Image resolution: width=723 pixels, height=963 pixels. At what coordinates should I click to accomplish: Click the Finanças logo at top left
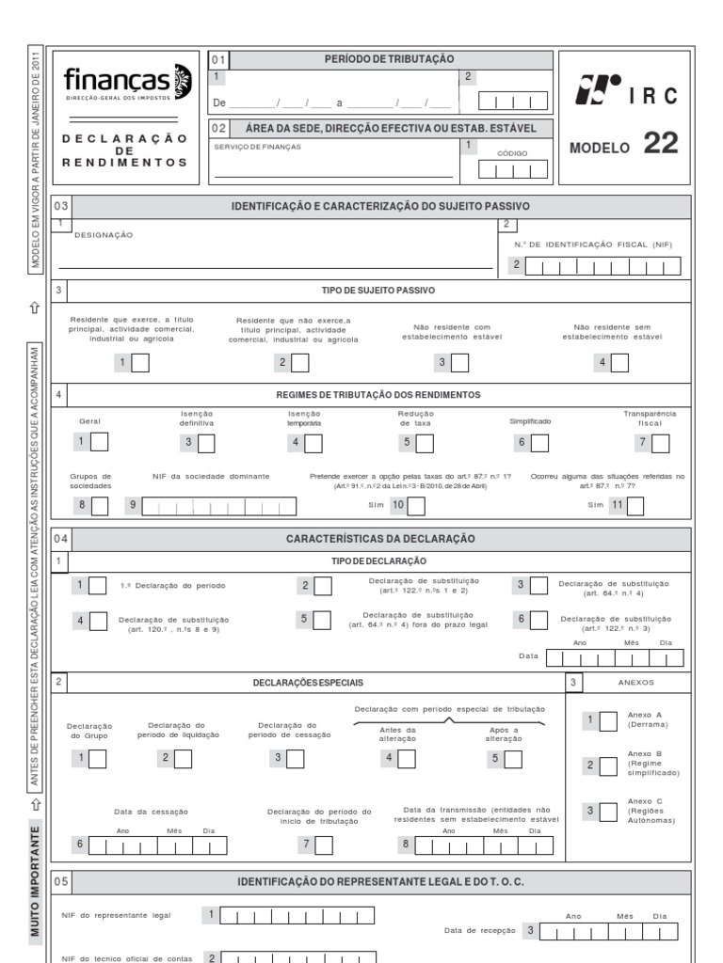(130, 81)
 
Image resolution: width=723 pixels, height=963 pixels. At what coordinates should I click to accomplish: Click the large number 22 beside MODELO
(660, 144)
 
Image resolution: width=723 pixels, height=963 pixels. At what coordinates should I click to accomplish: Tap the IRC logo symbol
(600, 91)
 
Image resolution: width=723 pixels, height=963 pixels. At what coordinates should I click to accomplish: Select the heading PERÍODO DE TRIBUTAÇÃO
(389, 59)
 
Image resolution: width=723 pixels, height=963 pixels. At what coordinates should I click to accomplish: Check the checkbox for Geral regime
(99, 442)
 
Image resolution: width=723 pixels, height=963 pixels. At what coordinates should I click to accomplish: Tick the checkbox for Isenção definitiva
(204, 442)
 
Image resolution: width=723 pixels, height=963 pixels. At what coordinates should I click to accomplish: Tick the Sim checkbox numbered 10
(415, 507)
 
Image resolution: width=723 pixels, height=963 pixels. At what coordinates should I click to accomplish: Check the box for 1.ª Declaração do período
(98, 587)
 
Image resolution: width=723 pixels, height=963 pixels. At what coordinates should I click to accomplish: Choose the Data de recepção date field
(611, 931)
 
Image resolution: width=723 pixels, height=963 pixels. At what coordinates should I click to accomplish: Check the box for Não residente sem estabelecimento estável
(619, 362)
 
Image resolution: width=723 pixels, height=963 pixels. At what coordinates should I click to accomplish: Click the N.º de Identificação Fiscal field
(602, 267)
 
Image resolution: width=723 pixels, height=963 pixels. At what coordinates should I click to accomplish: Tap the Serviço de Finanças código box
(512, 169)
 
